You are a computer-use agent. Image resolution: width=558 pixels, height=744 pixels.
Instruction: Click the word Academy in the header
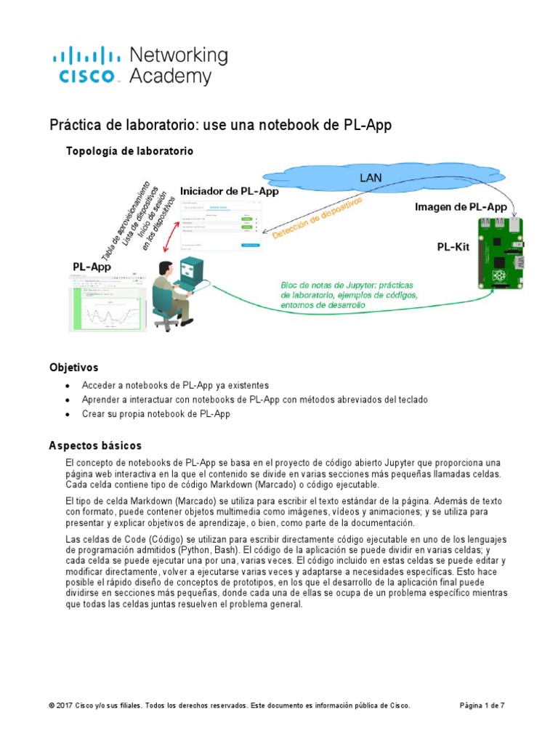170,76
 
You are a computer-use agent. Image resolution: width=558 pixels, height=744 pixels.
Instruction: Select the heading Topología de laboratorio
129,151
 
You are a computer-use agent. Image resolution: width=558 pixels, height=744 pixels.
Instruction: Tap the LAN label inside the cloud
371,177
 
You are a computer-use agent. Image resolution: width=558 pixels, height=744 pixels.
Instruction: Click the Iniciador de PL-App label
229,192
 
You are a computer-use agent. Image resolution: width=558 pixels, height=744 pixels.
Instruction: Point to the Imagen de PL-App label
461,207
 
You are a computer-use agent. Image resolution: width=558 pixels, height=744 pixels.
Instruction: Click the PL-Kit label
453,247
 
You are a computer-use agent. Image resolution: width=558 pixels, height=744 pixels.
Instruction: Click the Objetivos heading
73,368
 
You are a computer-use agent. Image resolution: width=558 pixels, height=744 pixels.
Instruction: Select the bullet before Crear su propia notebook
68,414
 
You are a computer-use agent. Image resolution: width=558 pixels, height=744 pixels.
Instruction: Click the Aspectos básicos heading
95,445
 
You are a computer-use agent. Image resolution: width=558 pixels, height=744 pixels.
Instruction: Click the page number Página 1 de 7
482,705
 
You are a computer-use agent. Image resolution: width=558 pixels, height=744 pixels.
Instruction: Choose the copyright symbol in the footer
52,705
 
